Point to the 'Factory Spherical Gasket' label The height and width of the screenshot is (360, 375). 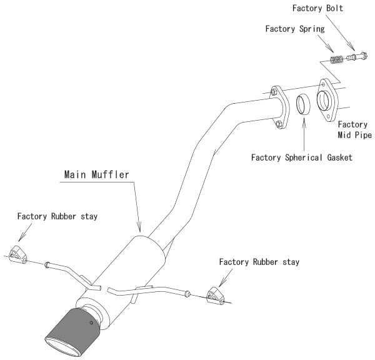tap(302, 157)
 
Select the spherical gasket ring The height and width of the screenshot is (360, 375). tap(303, 103)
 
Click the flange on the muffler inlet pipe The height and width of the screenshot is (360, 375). tap(279, 108)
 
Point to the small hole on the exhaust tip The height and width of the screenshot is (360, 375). tap(91, 322)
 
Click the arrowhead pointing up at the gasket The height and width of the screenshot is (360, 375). tap(303, 117)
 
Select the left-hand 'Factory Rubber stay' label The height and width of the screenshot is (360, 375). tap(57, 216)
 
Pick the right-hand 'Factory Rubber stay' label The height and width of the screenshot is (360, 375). tap(259, 261)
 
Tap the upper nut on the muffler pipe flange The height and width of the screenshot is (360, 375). tap(274, 93)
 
